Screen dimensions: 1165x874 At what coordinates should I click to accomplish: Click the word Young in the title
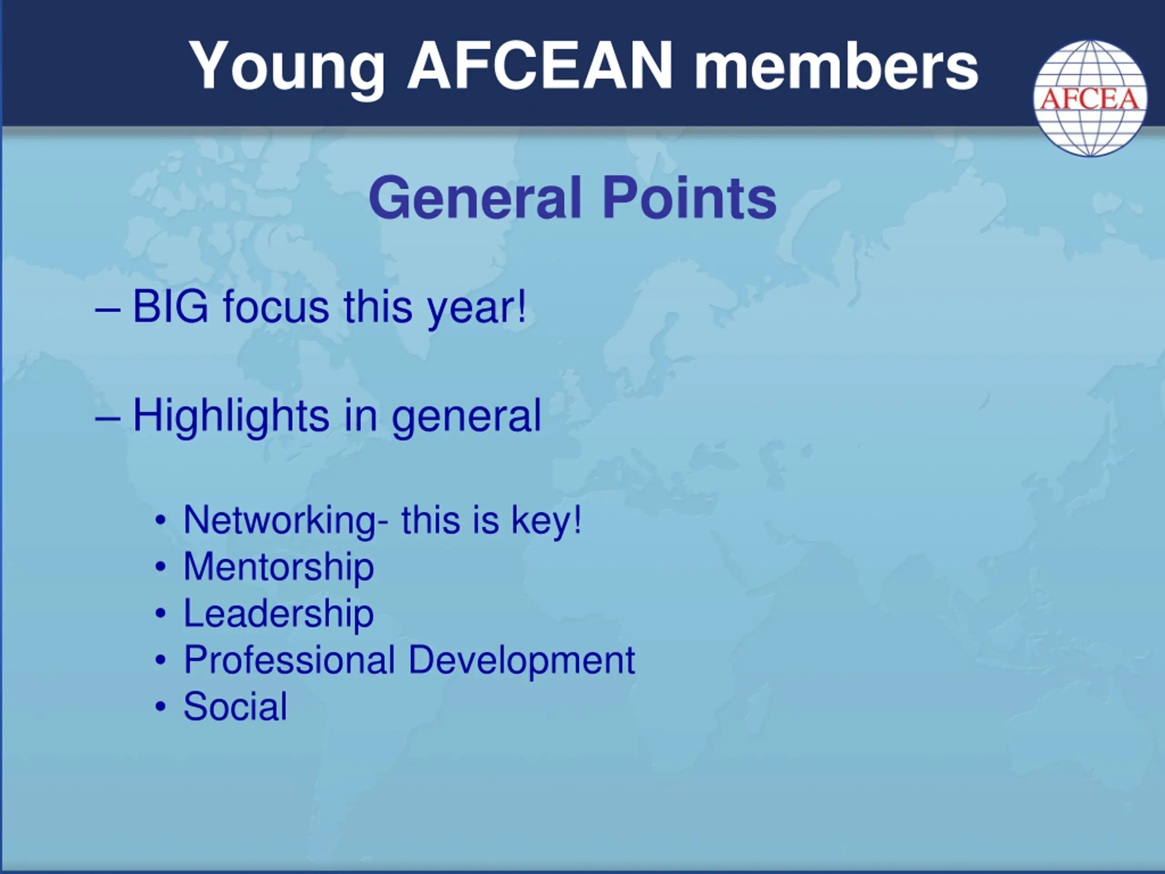[287, 68]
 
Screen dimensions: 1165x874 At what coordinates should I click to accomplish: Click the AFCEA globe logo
[1090, 98]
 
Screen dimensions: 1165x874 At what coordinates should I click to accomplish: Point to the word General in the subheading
[475, 198]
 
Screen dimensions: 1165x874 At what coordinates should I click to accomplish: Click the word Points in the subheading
[689, 198]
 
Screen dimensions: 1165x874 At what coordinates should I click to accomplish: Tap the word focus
[277, 307]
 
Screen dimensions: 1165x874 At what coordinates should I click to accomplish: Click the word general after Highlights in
[466, 419]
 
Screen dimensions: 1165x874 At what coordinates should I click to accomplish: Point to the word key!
[546, 522]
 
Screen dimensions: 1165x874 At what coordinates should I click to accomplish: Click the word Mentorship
[279, 567]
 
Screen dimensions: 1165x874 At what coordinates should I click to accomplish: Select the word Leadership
[279, 613]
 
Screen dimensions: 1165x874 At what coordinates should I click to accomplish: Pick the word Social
[235, 706]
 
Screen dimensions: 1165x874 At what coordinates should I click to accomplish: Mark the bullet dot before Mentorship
[161, 567]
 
